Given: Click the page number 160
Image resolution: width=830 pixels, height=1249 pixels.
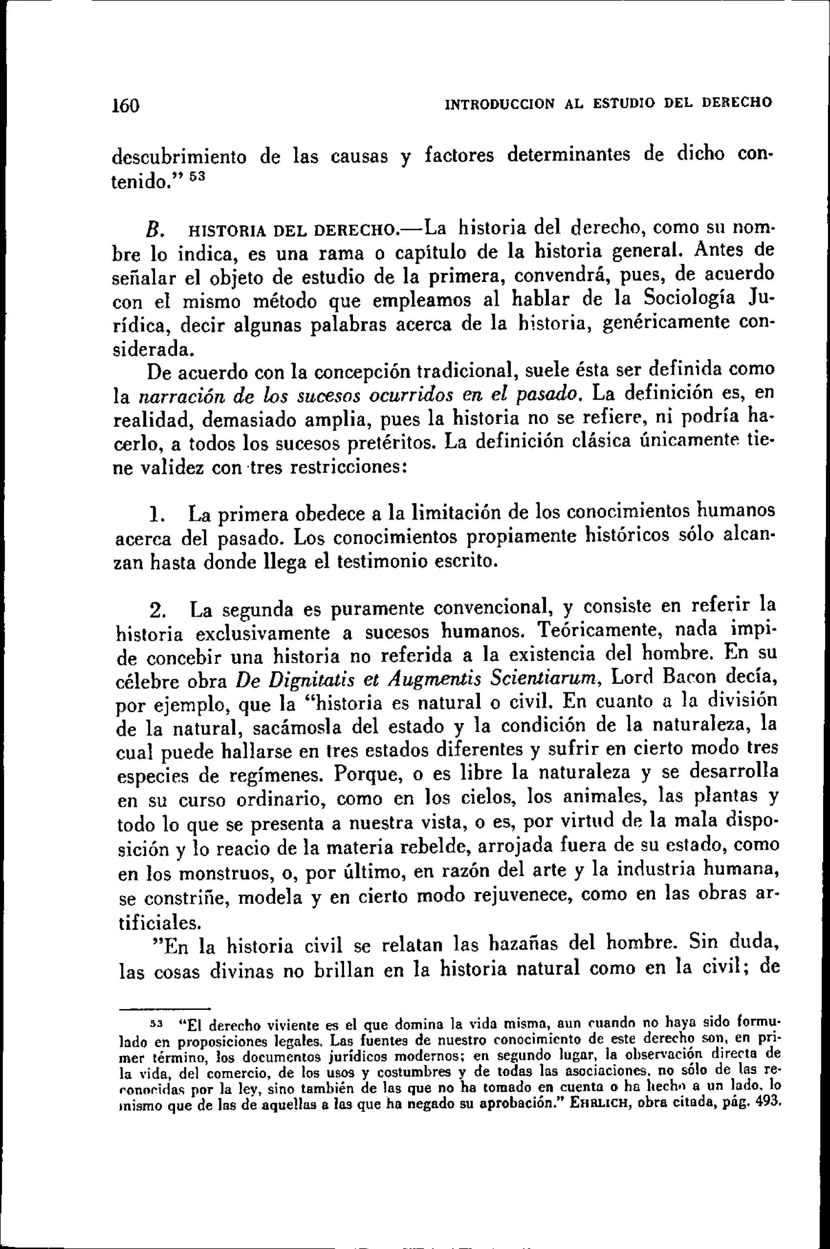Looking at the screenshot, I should (x=126, y=105).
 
